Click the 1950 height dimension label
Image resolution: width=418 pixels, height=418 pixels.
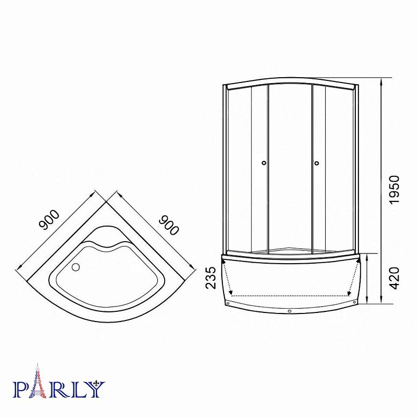click(394, 190)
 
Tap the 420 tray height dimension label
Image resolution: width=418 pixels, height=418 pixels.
click(394, 278)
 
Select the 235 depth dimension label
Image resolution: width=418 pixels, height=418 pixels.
click(211, 278)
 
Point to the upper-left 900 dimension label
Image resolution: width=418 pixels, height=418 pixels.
click(49, 220)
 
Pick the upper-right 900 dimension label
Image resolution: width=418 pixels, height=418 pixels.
click(168, 225)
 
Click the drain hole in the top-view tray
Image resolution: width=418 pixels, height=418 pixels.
click(76, 267)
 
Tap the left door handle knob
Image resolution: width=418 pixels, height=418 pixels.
click(264, 163)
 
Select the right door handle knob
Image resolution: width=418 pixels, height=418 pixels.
click(317, 163)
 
